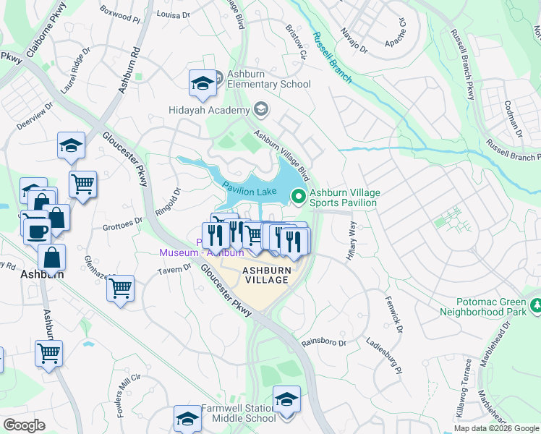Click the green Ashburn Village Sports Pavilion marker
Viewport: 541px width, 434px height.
298,195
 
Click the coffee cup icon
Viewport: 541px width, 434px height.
36,231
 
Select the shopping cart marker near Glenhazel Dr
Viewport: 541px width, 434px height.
120,288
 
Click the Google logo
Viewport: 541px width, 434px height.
24,425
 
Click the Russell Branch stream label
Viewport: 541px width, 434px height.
331,57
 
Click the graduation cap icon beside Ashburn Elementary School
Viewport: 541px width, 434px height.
203,83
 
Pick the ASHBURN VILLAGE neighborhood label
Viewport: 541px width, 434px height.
265,275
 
